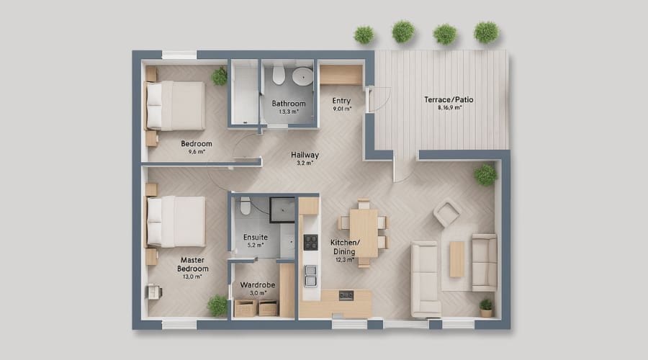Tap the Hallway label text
point(305,155)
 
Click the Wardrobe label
point(256,285)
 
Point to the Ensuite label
point(256,236)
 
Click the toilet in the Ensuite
point(245,207)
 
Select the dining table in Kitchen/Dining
point(364,233)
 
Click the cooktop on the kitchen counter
point(311,243)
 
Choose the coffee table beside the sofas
point(456,259)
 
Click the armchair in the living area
point(447,213)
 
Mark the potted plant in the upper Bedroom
point(219,76)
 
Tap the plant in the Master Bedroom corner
point(217,305)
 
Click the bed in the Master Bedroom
point(176,221)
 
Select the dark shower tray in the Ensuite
point(282,208)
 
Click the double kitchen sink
point(311,275)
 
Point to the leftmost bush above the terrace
point(364,34)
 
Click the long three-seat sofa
point(425,279)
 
